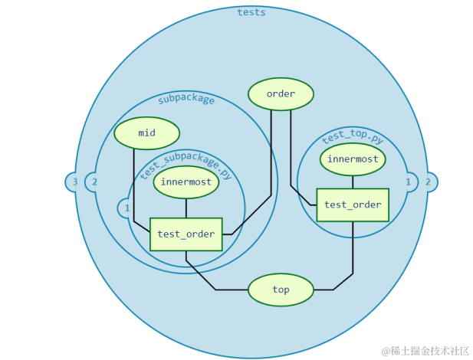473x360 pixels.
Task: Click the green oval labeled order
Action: click(281, 94)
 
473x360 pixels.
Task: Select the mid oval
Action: click(146, 133)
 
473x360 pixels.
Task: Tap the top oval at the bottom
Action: click(281, 290)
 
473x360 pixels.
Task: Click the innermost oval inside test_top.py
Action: click(353, 159)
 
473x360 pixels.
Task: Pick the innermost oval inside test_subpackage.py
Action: click(186, 182)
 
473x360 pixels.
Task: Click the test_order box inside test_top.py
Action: click(353, 205)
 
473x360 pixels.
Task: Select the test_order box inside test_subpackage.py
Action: click(186, 234)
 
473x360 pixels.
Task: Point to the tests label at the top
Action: click(251, 12)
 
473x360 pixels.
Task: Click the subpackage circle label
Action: click(186, 99)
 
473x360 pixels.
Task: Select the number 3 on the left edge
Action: click(74, 182)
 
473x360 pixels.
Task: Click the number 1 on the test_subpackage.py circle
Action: click(127, 208)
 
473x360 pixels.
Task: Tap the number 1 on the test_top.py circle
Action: click(408, 182)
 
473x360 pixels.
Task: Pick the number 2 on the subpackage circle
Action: click(94, 182)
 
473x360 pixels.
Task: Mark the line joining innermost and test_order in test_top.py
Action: click(353, 181)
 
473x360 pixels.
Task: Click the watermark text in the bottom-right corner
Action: click(426, 350)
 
